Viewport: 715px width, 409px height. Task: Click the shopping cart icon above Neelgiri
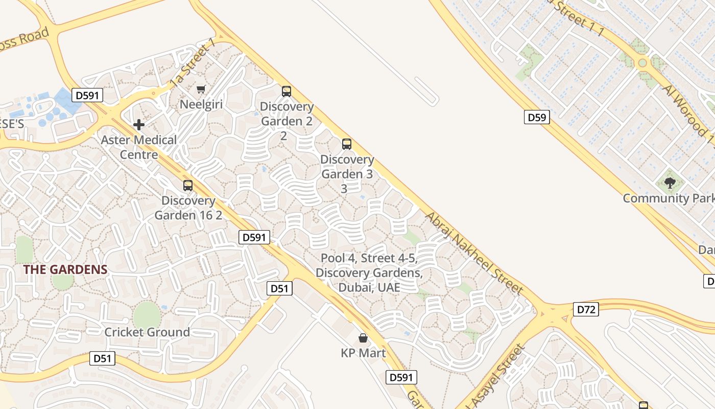(x=201, y=89)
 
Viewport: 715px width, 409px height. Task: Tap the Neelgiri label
(x=201, y=104)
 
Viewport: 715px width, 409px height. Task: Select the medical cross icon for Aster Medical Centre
(x=138, y=125)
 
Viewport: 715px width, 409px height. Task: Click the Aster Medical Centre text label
(x=139, y=147)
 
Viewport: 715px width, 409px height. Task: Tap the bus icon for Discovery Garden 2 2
(x=287, y=92)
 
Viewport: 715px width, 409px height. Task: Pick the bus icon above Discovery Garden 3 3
(x=347, y=144)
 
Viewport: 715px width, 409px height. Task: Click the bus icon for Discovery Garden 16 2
(x=188, y=186)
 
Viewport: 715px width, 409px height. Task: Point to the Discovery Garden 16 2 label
(x=188, y=208)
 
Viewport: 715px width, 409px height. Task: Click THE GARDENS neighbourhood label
(x=65, y=270)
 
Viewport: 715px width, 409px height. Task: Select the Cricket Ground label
(x=147, y=332)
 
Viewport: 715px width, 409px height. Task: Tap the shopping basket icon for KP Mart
(x=363, y=338)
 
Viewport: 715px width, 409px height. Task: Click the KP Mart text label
(x=363, y=353)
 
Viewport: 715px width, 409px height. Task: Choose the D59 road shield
(x=537, y=118)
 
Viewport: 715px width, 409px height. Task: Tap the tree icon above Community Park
(x=670, y=183)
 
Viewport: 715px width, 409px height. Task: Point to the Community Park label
(x=669, y=198)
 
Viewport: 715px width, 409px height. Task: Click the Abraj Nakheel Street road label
(x=474, y=254)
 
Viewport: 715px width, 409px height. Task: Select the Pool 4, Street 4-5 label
(x=369, y=272)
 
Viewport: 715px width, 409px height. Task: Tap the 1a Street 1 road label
(x=193, y=65)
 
